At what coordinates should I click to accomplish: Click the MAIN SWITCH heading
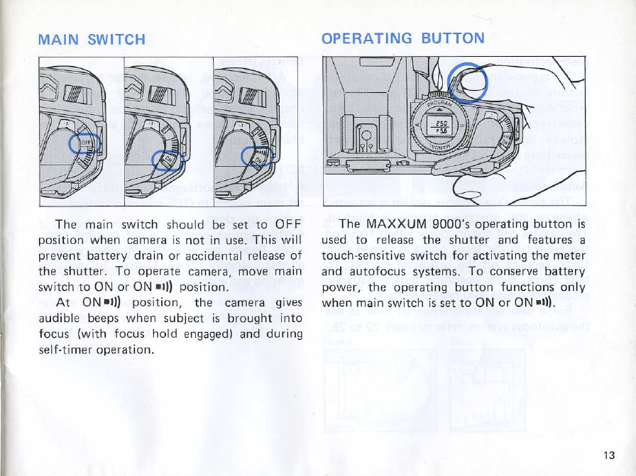(93, 40)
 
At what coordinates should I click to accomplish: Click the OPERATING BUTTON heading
(403, 38)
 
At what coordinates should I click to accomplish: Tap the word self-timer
(65, 350)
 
